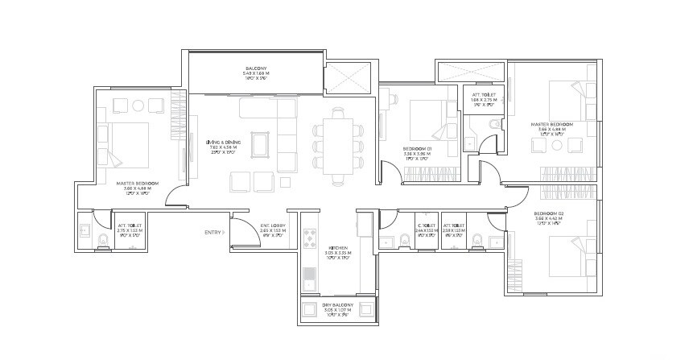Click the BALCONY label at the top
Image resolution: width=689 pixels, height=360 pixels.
pos(256,67)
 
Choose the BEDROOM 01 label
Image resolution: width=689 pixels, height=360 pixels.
pos(419,149)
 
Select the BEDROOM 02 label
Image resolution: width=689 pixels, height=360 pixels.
pos(549,213)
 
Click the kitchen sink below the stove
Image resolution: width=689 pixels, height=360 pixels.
pos(310,278)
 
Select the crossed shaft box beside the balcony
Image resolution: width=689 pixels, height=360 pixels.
pos(348,79)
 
